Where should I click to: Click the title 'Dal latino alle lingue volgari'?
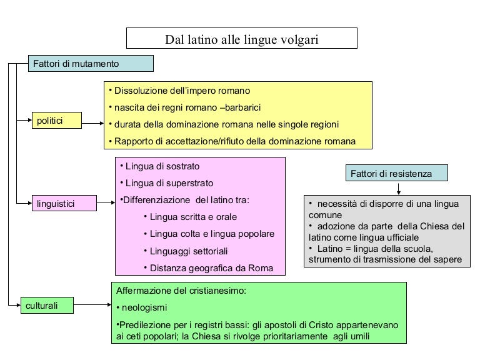(x=241, y=39)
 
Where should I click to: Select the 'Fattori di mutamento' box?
(x=91, y=64)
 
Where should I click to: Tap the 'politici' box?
(x=57, y=120)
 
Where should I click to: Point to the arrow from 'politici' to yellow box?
(x=92, y=123)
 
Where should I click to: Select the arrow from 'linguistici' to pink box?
(x=104, y=203)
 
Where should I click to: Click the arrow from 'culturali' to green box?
(x=92, y=306)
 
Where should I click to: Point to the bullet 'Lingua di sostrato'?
(x=162, y=167)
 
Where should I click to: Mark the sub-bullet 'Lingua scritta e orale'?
(x=193, y=217)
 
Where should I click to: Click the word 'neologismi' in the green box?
(x=144, y=307)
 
